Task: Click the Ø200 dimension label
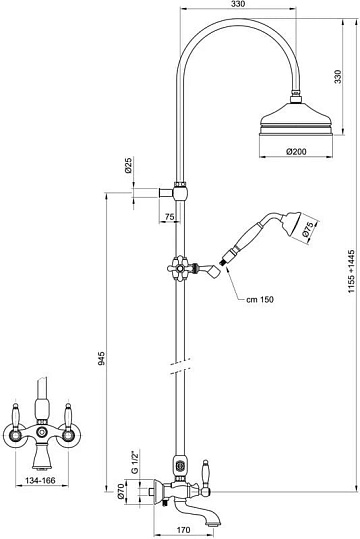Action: (x=296, y=151)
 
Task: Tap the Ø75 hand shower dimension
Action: (x=308, y=230)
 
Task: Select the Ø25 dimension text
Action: (x=129, y=165)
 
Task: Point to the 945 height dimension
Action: (x=100, y=358)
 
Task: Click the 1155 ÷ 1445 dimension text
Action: (x=351, y=272)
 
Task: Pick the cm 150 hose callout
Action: (x=260, y=299)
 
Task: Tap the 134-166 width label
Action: (x=40, y=480)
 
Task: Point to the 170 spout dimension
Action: (x=183, y=530)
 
